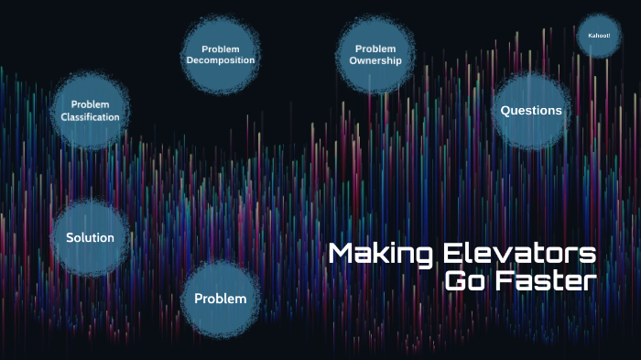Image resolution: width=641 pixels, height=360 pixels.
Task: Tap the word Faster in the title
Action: (x=546, y=280)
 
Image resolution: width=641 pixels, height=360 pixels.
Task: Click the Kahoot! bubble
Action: (x=599, y=36)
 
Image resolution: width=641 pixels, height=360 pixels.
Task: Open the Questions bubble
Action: (x=531, y=111)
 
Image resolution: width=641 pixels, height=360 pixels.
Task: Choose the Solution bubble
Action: (x=90, y=238)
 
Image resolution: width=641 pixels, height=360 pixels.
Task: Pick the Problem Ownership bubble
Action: (x=375, y=55)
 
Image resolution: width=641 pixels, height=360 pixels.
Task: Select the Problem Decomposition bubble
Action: (x=220, y=55)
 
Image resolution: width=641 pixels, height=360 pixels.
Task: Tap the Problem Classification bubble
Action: (x=90, y=111)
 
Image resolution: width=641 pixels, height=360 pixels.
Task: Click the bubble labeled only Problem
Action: (x=220, y=299)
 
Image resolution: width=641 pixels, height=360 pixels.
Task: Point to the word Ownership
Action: (x=375, y=61)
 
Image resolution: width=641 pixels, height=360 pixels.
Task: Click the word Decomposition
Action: (x=220, y=61)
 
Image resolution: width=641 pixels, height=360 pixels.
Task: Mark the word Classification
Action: (x=90, y=117)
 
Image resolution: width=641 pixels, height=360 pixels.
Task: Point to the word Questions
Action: (x=531, y=111)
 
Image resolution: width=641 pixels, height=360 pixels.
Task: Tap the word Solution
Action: (x=90, y=238)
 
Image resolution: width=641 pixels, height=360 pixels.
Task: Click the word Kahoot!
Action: (x=599, y=36)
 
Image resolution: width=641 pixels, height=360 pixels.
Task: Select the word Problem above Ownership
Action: (x=375, y=49)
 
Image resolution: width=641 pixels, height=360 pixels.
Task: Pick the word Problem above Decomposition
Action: (x=220, y=49)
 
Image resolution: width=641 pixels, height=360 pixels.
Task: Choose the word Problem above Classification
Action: (x=90, y=104)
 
